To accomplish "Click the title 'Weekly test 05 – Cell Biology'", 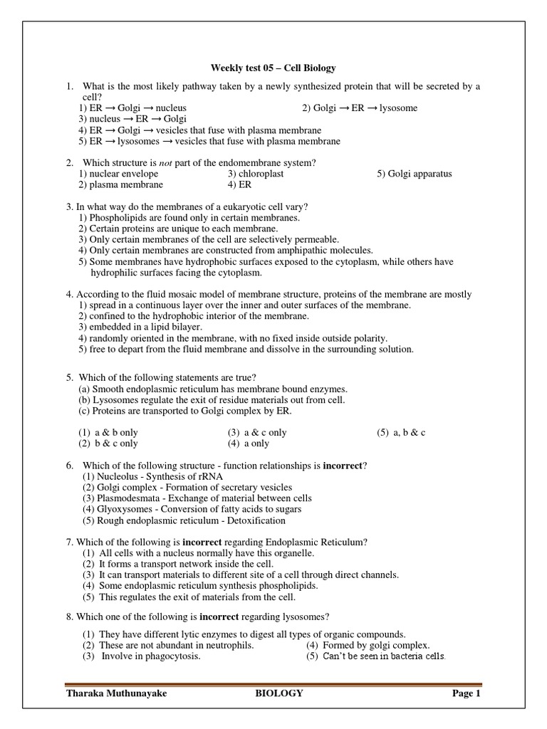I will point(273,68).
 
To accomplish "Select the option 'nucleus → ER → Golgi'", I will point(132,119).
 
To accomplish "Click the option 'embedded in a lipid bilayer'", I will point(133,327).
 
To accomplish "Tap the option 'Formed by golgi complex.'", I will point(368,646).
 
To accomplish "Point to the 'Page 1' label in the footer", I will point(467,693).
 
